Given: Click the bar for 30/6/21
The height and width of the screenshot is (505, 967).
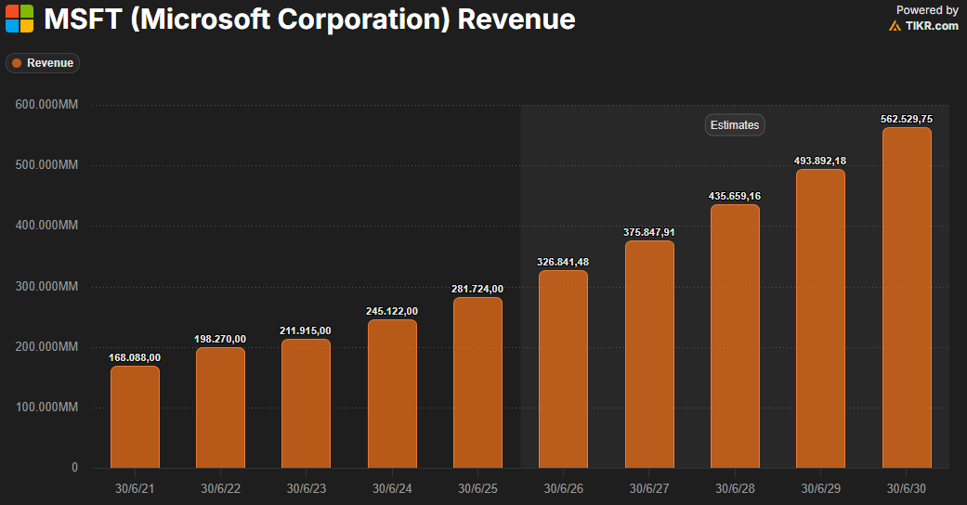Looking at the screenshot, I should pos(135,417).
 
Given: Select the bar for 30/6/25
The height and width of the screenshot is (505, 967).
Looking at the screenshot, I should pos(477,382).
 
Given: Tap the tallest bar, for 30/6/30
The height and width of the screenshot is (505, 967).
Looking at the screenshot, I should pos(906,298).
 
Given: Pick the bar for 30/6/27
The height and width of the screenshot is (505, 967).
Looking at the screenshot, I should pos(649,355).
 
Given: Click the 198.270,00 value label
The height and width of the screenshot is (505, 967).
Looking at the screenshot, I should pos(220,339).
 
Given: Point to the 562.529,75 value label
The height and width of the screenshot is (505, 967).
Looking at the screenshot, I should pos(906,119).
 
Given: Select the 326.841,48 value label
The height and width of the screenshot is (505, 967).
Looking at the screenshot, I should pos(563,262).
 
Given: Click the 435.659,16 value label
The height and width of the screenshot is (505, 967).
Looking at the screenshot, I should pos(735,196).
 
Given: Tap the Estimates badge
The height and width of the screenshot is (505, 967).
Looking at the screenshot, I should pos(735,124).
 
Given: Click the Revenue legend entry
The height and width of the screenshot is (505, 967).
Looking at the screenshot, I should pos(43,63).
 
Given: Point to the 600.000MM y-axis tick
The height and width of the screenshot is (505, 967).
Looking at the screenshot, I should pos(46,105).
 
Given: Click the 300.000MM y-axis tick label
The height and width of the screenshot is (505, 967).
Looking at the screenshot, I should pos(46,287).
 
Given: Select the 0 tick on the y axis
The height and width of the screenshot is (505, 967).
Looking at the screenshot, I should pos(74,468).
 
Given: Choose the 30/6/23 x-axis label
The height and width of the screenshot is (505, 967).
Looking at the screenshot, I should pos(306,488).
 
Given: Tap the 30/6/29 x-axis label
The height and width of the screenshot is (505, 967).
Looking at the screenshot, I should pos(820,488).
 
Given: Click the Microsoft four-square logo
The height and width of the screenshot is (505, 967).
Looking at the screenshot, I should pos(20,19).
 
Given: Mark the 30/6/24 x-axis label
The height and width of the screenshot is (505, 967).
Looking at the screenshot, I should pos(392,488).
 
